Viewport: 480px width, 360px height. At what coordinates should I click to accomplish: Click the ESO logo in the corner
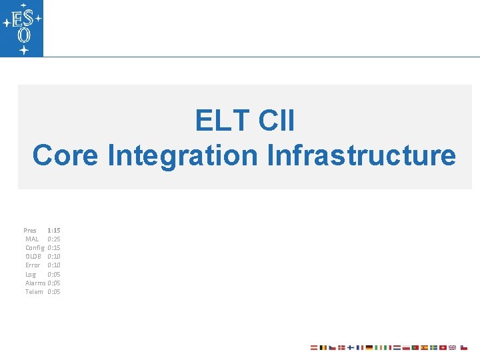point(21,28)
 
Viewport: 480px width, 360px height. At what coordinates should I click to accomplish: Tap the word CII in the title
point(275,121)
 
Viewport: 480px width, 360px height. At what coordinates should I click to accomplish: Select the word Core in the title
point(65,155)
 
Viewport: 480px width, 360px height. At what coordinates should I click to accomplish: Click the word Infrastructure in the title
point(361,155)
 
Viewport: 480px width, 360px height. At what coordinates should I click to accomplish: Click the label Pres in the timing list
point(30,230)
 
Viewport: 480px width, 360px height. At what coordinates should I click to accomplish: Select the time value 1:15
point(54,230)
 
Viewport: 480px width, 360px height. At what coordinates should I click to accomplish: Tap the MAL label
point(32,239)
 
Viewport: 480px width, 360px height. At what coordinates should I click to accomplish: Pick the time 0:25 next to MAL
point(54,239)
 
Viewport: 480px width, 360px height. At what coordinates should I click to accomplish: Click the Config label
point(35,247)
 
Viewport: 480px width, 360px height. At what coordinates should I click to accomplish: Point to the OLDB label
point(33,256)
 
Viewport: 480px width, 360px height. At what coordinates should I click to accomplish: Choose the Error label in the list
point(33,265)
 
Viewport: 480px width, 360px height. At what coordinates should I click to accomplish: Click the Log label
point(31,274)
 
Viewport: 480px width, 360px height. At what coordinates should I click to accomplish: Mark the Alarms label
point(35,283)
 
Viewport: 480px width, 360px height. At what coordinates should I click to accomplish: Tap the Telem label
point(34,291)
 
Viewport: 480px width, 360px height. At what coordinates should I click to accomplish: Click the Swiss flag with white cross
point(443,347)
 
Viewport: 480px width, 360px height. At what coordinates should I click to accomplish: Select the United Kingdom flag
point(452,347)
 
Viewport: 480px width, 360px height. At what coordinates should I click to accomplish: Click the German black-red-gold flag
point(369,347)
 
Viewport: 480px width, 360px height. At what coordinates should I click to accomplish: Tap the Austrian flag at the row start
point(314,347)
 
